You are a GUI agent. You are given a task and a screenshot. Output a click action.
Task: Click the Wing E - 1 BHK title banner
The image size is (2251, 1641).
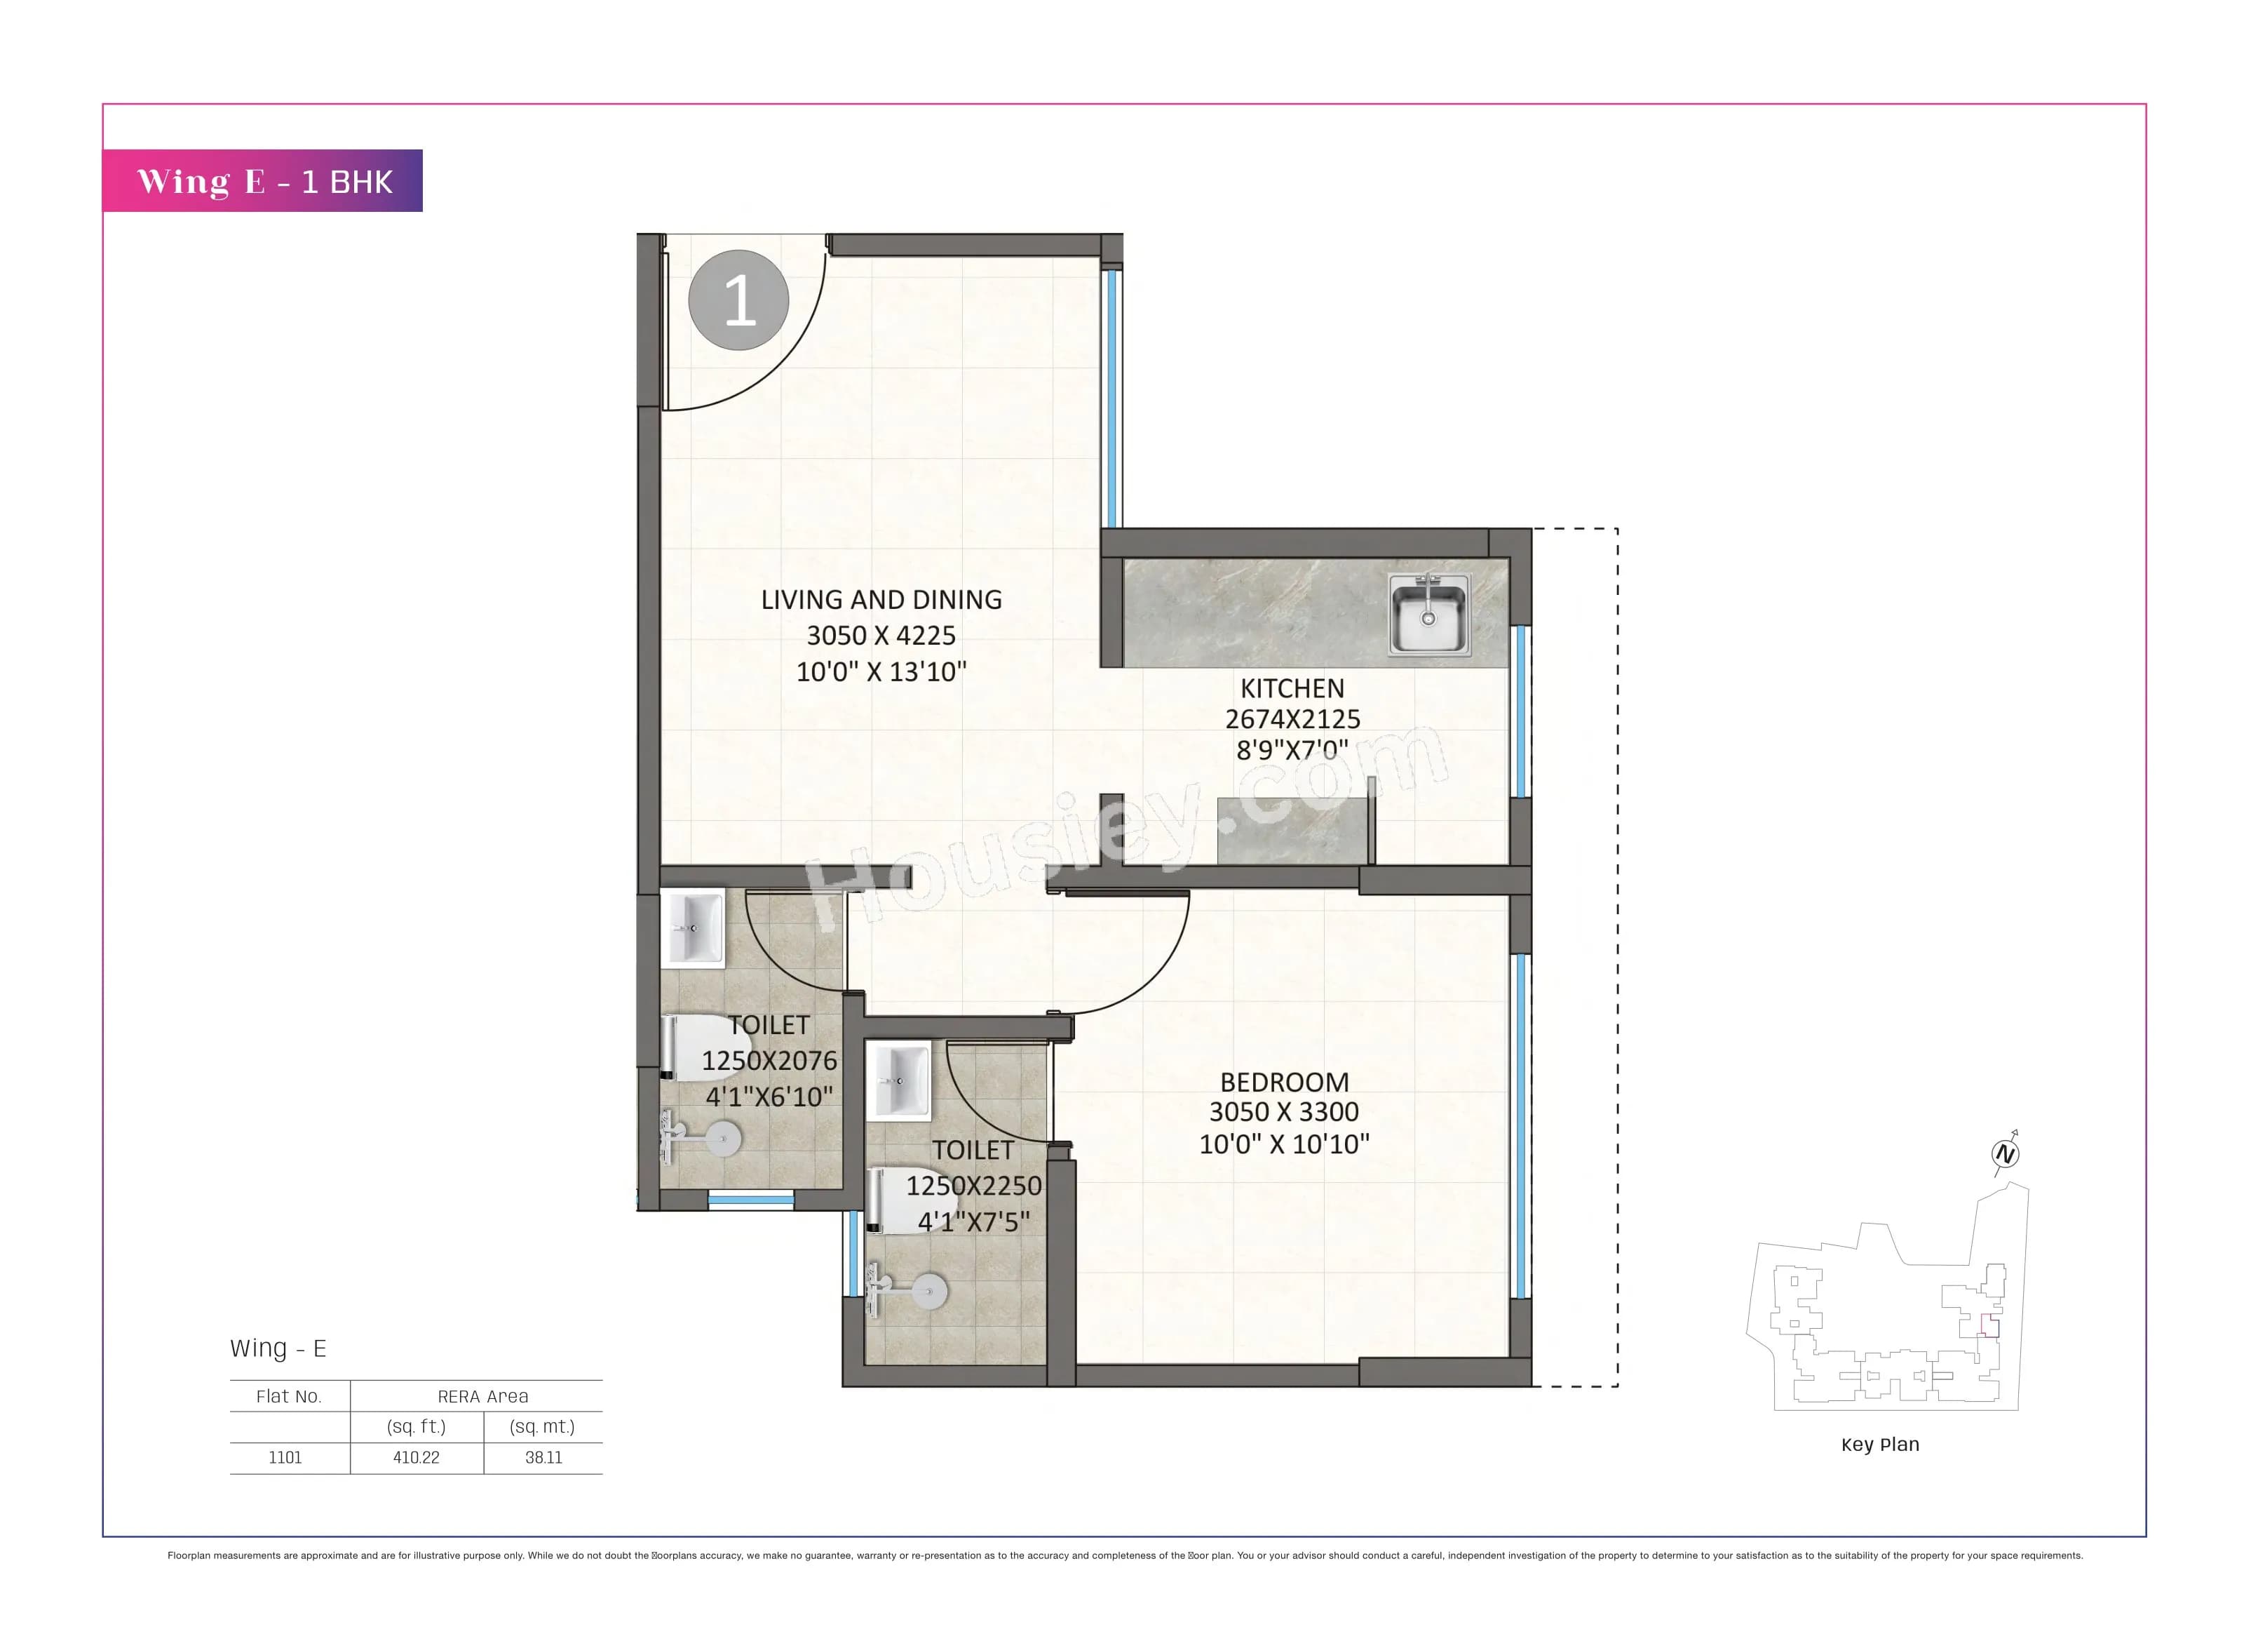263,181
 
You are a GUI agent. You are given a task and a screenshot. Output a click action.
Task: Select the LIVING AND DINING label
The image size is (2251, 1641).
881,600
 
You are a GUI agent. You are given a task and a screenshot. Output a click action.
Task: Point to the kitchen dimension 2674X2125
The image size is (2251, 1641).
1292,719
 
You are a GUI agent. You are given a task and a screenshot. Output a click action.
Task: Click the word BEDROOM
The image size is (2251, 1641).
1284,1082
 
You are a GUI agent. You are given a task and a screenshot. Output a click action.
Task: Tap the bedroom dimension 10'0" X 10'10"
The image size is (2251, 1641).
1284,1144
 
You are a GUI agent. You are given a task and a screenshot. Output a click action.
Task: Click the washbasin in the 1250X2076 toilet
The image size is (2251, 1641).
693,929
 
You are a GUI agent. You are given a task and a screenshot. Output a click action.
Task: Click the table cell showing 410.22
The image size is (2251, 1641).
416,1457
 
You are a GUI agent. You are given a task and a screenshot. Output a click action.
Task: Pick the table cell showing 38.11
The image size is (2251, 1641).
543,1457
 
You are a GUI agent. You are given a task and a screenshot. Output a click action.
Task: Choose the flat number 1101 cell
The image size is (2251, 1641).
285,1457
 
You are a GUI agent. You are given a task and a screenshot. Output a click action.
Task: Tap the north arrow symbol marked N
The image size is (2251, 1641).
2005,1154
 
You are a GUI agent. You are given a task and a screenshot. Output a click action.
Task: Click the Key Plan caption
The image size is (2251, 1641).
1879,1445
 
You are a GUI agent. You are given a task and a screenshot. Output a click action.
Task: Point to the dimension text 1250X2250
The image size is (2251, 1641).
973,1186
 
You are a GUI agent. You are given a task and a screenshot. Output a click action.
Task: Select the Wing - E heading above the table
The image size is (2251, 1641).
278,1348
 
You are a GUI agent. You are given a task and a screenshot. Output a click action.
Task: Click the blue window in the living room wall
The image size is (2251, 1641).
1111,397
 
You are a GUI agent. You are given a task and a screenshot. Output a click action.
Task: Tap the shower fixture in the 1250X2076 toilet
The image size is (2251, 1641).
701,1139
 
